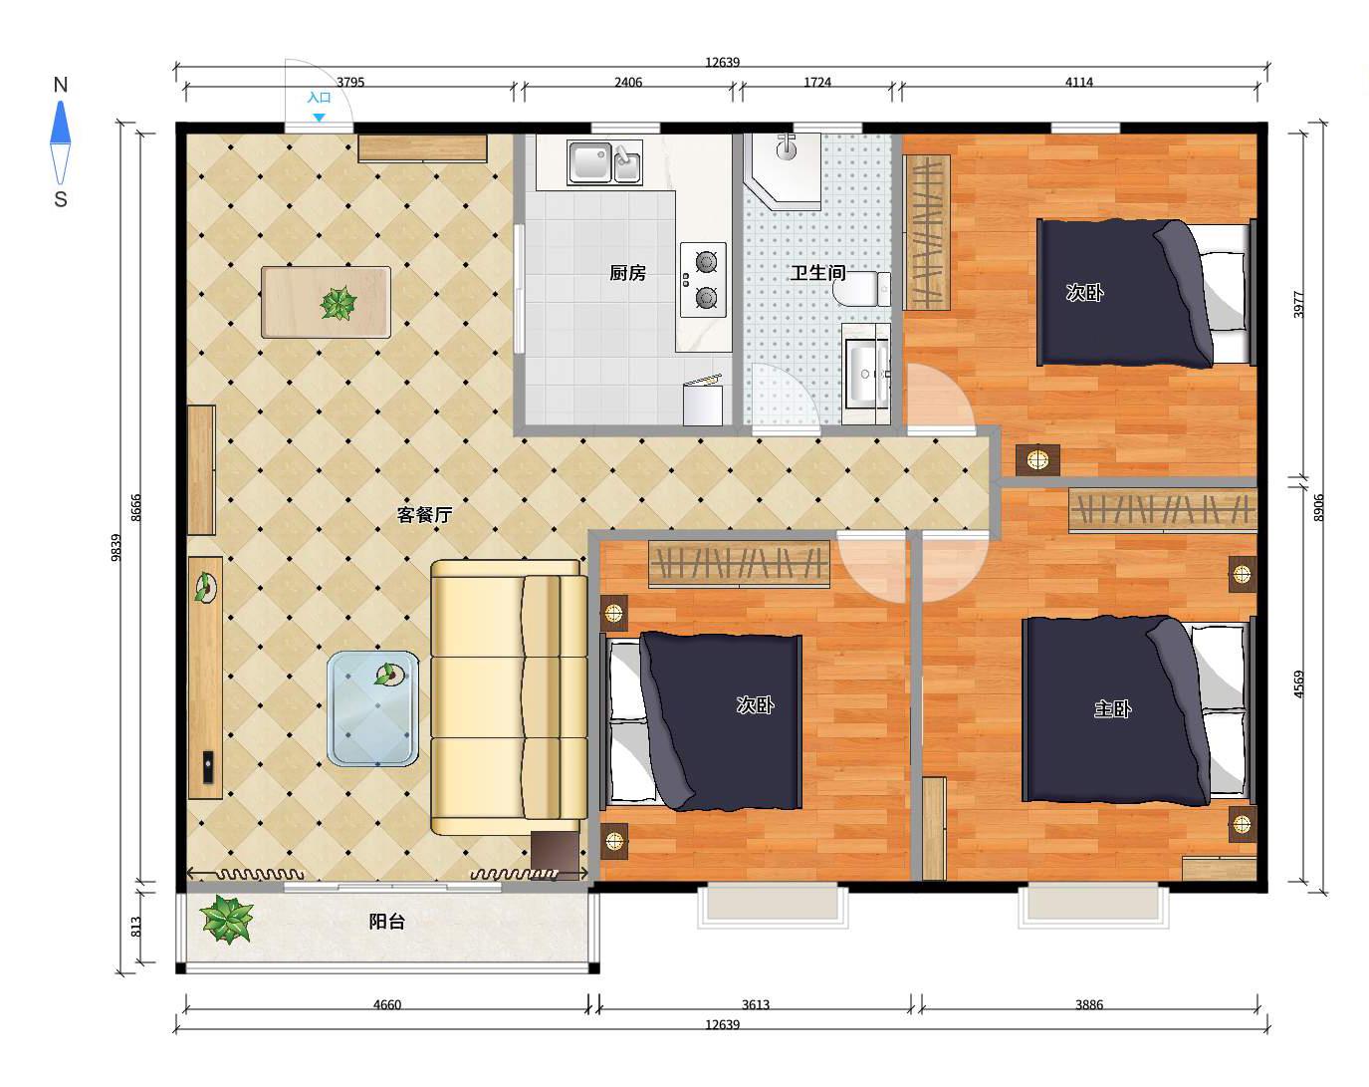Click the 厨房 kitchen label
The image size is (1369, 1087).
(x=627, y=273)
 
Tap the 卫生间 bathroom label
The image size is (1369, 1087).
(x=818, y=273)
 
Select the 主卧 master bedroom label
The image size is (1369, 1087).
(x=1112, y=708)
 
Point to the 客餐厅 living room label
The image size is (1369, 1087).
(x=424, y=514)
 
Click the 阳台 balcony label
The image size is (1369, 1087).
(x=386, y=921)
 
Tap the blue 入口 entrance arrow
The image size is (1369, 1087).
(x=319, y=118)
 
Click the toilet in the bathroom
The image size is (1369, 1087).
(x=862, y=289)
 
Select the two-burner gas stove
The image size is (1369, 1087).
(x=703, y=280)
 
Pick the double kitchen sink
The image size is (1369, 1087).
(x=605, y=162)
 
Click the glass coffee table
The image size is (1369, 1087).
(x=372, y=708)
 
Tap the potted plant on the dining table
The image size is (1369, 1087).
(x=338, y=303)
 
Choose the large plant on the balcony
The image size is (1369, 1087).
(x=226, y=919)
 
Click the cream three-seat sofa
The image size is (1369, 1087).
(x=509, y=697)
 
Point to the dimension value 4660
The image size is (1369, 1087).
(x=386, y=1005)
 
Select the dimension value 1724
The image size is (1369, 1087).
(x=817, y=82)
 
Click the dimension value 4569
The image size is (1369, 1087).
(x=1298, y=683)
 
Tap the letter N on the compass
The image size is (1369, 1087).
(x=61, y=85)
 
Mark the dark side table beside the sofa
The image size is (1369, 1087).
(x=555, y=855)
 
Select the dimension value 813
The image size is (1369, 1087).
(x=135, y=927)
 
